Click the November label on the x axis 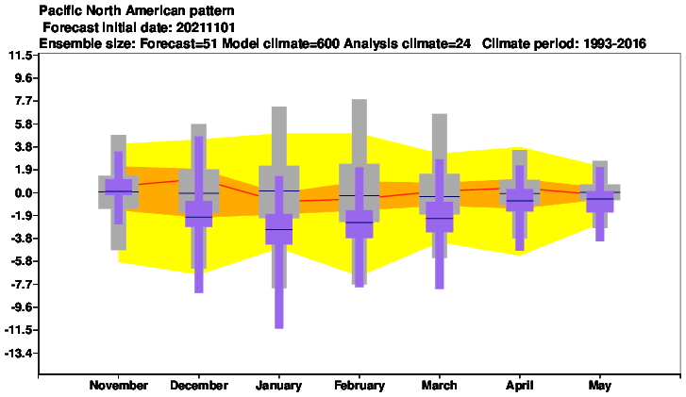119,385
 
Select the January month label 278,386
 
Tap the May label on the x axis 600,386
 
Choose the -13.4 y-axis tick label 18,353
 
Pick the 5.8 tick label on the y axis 24,124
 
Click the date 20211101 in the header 206,27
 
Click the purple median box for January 278,229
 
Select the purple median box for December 198,214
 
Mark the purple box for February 360,223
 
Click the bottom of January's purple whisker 278,328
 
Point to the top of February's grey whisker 360,100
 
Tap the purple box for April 520,200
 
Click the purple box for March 440,217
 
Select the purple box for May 600,202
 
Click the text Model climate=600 280,43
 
